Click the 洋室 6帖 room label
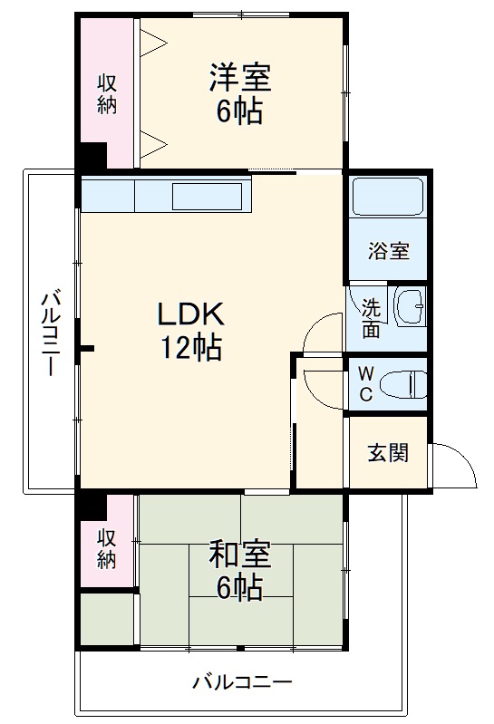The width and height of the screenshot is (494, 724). [240, 93]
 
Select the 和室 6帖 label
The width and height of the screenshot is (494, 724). [240, 570]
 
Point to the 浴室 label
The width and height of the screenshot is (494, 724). [388, 251]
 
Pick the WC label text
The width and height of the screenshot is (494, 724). [364, 383]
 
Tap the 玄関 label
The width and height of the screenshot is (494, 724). [387, 452]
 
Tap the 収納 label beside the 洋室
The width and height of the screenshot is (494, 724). [107, 92]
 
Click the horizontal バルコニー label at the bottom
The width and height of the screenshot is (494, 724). [242, 682]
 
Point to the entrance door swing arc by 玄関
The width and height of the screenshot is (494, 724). [457, 464]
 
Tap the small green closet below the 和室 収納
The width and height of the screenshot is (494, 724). [108, 620]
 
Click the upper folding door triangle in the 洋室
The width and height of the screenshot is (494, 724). [152, 40]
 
